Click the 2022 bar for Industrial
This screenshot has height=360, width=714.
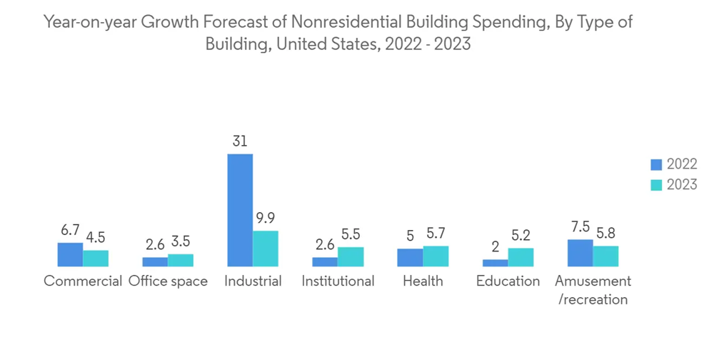click(x=240, y=210)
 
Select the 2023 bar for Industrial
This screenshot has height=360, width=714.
click(x=266, y=249)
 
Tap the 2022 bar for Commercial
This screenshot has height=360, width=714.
click(x=70, y=254)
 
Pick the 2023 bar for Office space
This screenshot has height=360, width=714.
click(x=181, y=260)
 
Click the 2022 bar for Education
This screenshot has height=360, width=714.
click(x=496, y=263)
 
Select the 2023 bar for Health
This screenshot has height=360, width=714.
click(x=436, y=256)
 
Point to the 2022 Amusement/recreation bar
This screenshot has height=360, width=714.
click(x=580, y=253)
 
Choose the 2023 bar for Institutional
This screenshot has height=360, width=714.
click(x=351, y=256)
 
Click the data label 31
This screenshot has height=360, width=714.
click(x=240, y=141)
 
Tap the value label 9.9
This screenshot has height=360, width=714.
click(x=266, y=219)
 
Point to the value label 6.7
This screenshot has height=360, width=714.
click(x=70, y=230)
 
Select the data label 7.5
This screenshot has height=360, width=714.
click(x=580, y=227)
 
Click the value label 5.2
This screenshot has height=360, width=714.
click(x=521, y=236)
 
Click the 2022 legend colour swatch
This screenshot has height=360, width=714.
click(x=656, y=165)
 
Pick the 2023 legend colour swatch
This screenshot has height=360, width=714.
click(x=656, y=185)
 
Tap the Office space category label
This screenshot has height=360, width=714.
click(x=168, y=281)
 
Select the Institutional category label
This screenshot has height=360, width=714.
click(x=338, y=281)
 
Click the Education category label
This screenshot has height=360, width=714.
click(x=508, y=281)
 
